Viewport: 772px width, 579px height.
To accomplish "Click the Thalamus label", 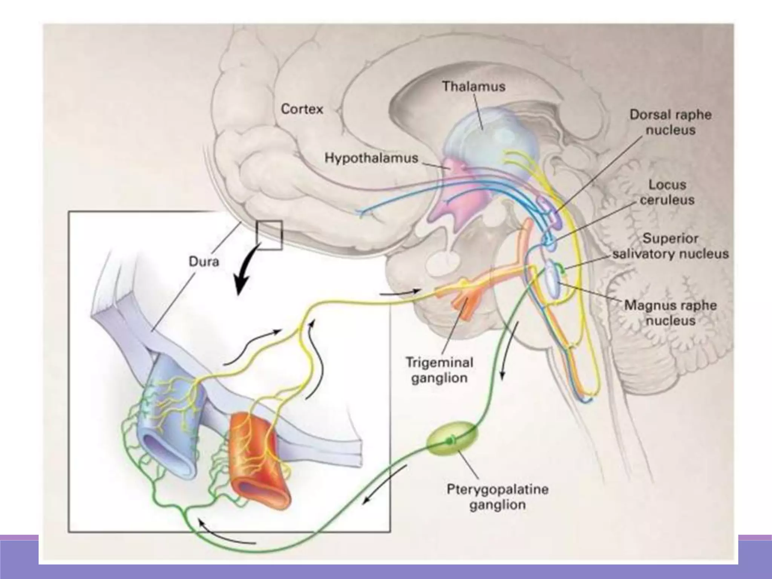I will (473, 87).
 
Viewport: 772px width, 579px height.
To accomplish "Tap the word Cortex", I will (302, 109).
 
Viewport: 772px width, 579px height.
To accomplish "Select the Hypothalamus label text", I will (371, 158).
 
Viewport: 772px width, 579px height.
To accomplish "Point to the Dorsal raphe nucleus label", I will (670, 122).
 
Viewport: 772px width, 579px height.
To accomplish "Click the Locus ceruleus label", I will (667, 192).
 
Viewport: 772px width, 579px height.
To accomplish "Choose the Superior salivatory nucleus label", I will (670, 246).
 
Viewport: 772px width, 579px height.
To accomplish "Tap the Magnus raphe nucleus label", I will (670, 312).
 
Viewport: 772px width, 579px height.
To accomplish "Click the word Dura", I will (204, 261).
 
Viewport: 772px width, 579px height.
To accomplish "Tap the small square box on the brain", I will (269, 235).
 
